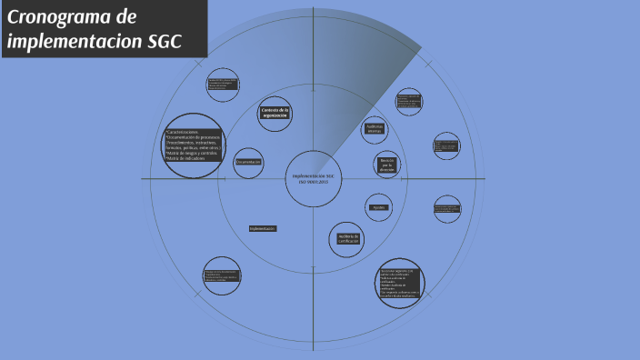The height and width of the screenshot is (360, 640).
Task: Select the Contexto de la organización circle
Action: (x=275, y=114)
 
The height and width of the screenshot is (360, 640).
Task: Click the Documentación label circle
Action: (x=248, y=162)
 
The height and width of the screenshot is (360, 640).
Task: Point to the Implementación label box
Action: (x=263, y=228)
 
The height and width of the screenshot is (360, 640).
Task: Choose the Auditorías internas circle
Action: (x=375, y=129)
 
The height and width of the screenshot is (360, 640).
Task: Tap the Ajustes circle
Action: (x=379, y=207)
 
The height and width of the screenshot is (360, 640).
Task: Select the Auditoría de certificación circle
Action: (x=346, y=239)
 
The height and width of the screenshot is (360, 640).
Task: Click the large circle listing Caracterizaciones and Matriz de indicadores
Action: (x=193, y=145)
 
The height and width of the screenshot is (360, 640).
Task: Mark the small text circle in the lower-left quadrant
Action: (x=222, y=275)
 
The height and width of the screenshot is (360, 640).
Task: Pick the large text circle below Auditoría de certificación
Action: (x=400, y=283)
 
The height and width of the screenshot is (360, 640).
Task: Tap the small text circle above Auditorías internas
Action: (x=408, y=102)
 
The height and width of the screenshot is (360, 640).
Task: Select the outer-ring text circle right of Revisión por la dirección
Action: (x=446, y=146)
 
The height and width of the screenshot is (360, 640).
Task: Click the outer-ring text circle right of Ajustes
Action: (x=446, y=209)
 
